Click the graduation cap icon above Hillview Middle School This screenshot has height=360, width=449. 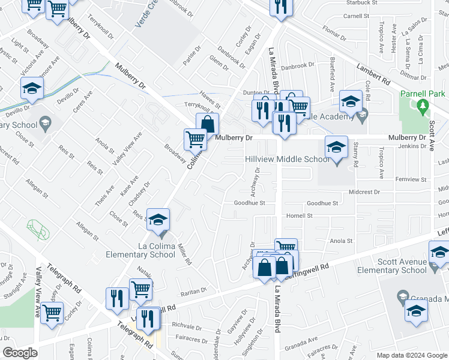tap(336, 146)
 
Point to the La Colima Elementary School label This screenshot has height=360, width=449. tap(140, 250)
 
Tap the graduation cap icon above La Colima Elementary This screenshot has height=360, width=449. tap(158, 220)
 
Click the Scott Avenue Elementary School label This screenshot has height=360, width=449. tap(411, 266)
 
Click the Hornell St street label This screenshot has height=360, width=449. tap(300, 215)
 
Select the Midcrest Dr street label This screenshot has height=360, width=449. tap(364, 192)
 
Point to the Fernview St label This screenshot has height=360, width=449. tap(411, 179)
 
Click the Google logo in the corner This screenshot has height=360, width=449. tap(20, 353)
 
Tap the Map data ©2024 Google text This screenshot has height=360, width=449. tap(411, 355)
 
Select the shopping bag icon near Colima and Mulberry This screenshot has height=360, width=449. tap(207, 124)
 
